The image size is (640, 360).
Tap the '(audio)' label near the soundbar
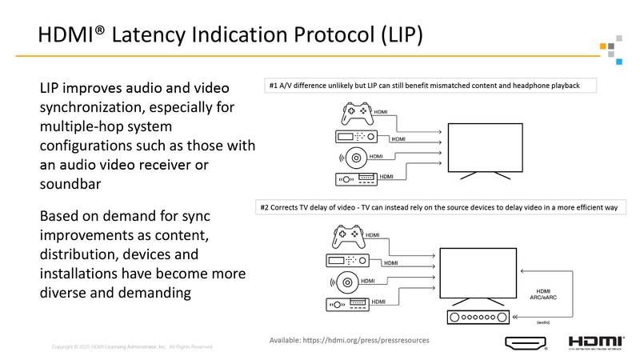pos(544,322)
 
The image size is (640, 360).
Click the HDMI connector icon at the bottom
pos(526,344)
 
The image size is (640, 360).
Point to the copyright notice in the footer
pos(133,346)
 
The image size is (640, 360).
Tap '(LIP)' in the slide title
pos(393,35)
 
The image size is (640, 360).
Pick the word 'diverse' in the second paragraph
pos(66,293)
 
